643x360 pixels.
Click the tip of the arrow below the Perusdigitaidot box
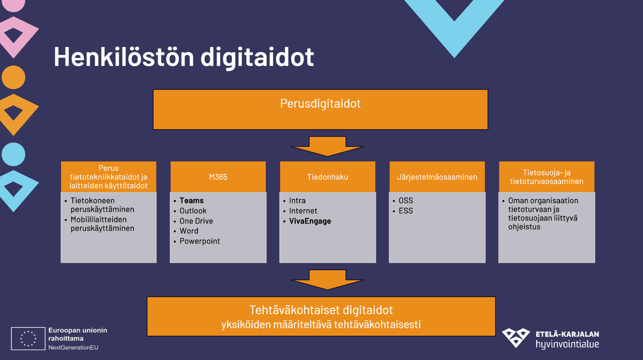pyautogui.click(x=328, y=157)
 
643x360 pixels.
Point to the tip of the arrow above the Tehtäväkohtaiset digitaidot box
pyautogui.click(x=328, y=290)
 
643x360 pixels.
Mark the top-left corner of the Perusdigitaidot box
pyautogui.click(x=153, y=90)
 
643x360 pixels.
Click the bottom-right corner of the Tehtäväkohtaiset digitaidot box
pyautogui.click(x=496, y=336)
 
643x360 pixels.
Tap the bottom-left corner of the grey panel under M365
pyautogui.click(x=170, y=263)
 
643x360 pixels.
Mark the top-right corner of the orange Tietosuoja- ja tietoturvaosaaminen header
pyautogui.click(x=594, y=161)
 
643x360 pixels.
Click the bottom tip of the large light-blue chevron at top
pyautogui.click(x=455, y=58)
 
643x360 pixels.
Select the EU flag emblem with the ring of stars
pyautogui.click(x=28, y=338)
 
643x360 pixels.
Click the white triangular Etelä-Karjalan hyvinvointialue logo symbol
pyautogui.click(x=516, y=338)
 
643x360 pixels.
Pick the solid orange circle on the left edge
pyautogui.click(x=14, y=77)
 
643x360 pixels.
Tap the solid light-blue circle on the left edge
pyautogui.click(x=14, y=154)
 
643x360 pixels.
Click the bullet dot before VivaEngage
pyautogui.click(x=284, y=221)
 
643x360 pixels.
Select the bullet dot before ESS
pyautogui.click(x=394, y=211)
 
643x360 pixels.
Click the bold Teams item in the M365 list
pyautogui.click(x=191, y=200)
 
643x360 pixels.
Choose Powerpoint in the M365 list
pyautogui.click(x=200, y=241)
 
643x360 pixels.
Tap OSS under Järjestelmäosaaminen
pyautogui.click(x=406, y=200)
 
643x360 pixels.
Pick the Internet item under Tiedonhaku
pyautogui.click(x=303, y=211)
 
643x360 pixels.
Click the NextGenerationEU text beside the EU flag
pyautogui.click(x=73, y=347)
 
